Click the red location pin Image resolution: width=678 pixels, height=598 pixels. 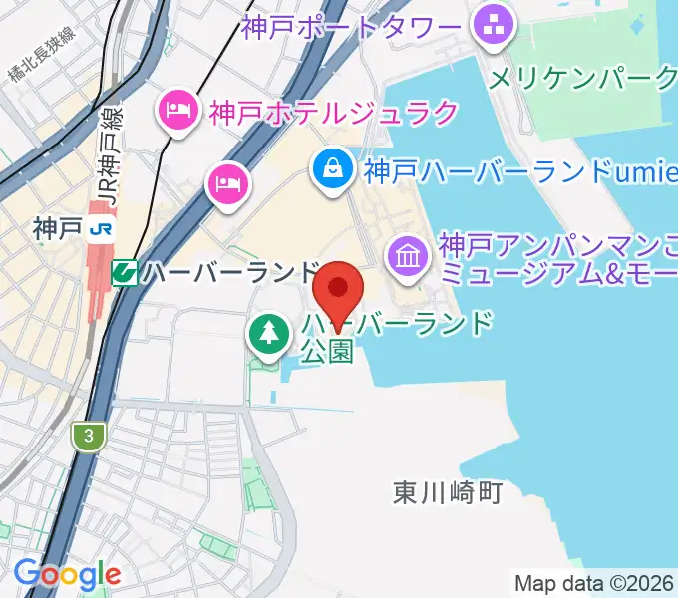coord(339,289)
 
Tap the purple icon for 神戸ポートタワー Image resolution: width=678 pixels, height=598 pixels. coord(493,28)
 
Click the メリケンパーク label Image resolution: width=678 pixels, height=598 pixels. coord(583,77)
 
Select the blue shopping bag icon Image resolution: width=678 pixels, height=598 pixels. coord(331,169)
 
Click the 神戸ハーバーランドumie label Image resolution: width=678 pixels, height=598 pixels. coord(513,173)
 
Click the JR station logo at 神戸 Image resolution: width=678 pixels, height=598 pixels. coord(101,229)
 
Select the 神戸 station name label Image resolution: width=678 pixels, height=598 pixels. coord(56,229)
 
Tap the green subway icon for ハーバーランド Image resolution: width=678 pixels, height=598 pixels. coord(125,271)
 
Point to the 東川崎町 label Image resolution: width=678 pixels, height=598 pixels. coord(446,492)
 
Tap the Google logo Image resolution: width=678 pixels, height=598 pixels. coord(67,574)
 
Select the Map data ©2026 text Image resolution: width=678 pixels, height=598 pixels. coord(594,583)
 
